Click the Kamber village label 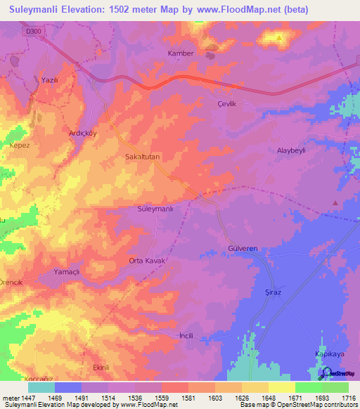click(x=180, y=53)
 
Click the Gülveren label click(x=244, y=249)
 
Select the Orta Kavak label click(x=146, y=261)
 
